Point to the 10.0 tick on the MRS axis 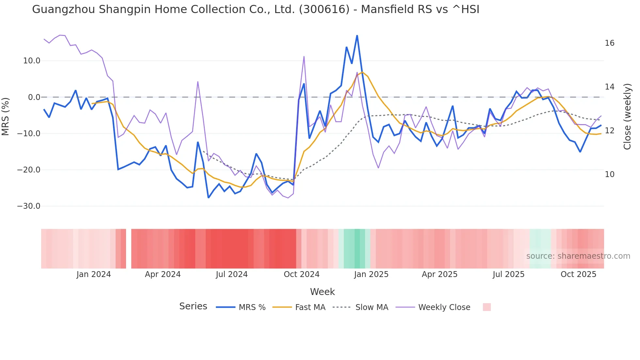click(32, 61)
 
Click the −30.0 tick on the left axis click(29, 206)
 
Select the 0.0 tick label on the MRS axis click(34, 97)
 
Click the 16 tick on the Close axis click(610, 43)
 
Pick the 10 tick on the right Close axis click(610, 174)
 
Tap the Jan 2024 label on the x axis click(94, 274)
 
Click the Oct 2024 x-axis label click(301, 274)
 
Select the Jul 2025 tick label click(508, 274)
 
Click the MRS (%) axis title click(6, 116)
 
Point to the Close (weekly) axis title click(627, 117)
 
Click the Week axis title click(322, 292)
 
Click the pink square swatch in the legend click(487, 307)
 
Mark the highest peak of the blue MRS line click(357, 36)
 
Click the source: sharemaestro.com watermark click(578, 256)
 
